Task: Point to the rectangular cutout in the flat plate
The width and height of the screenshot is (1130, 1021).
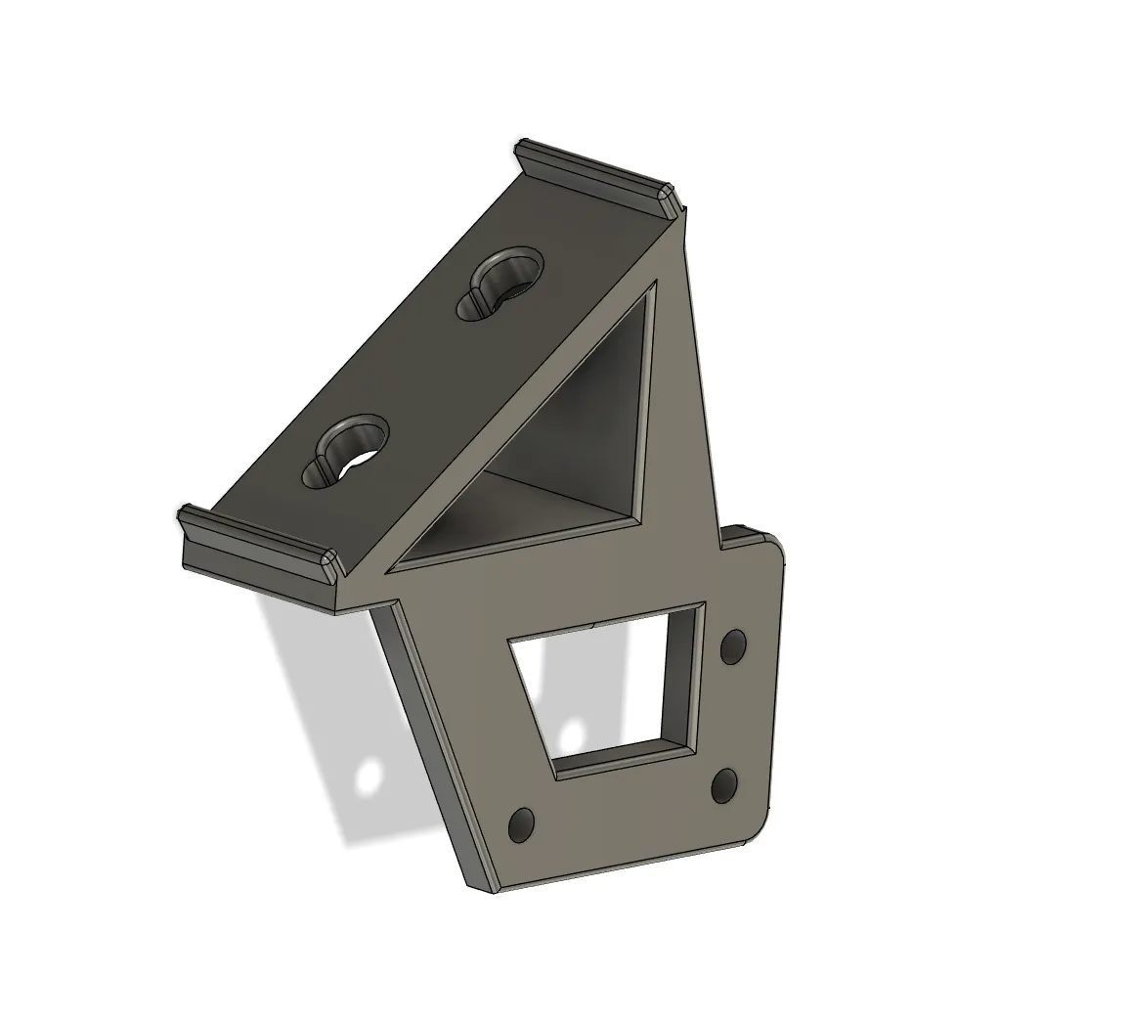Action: coord(606,685)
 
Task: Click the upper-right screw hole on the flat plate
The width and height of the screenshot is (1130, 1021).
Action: coord(733,646)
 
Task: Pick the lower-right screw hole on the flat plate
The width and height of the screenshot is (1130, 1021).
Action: coord(724,784)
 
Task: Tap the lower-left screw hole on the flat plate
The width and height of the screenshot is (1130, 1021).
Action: coord(523,824)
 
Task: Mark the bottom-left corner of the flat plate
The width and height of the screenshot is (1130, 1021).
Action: coord(484,888)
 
